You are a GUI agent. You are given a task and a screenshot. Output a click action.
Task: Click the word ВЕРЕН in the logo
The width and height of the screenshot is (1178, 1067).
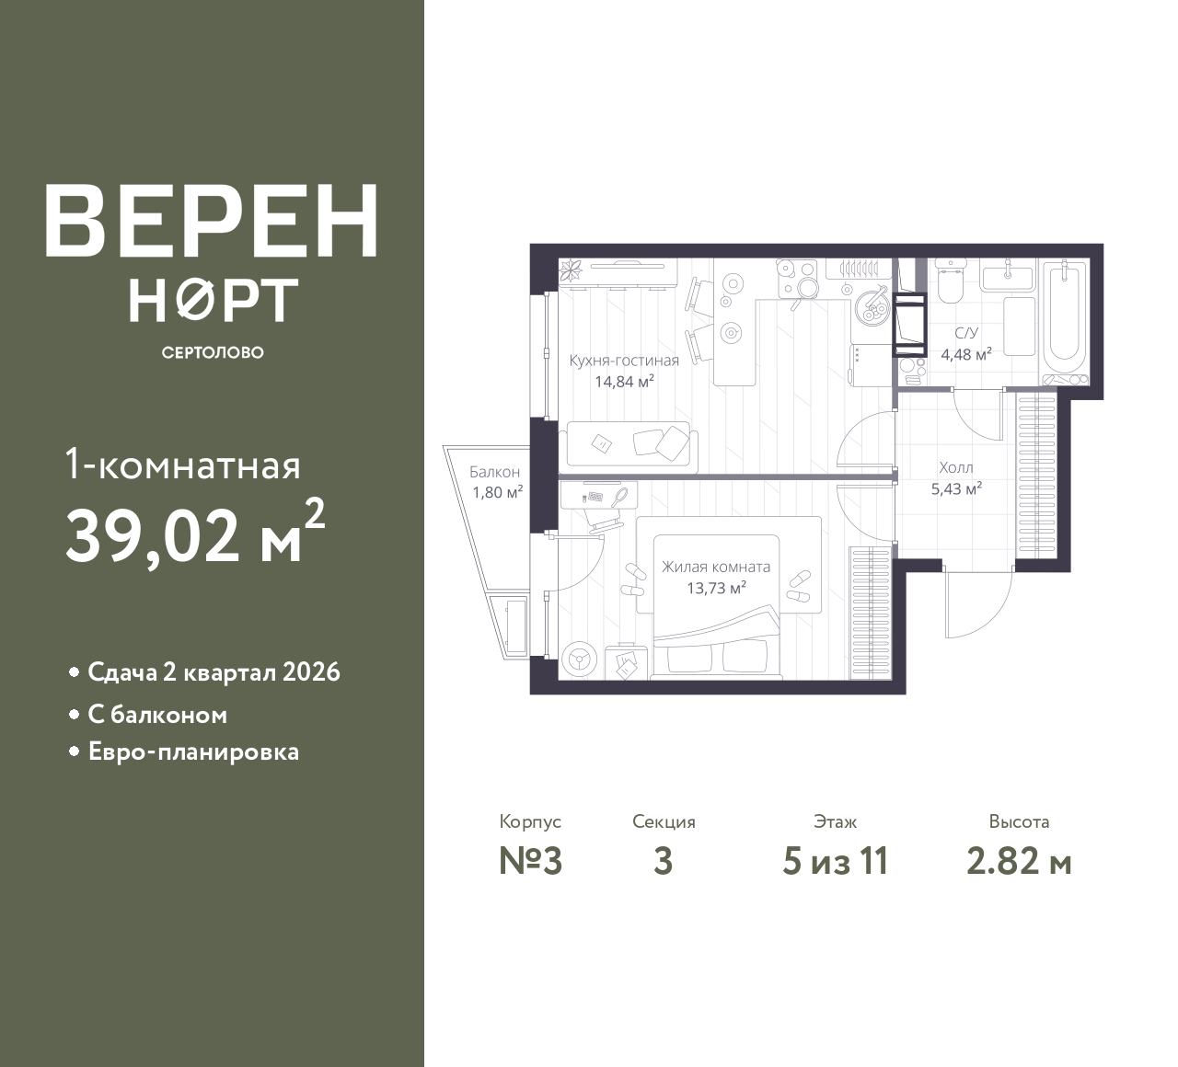(x=212, y=222)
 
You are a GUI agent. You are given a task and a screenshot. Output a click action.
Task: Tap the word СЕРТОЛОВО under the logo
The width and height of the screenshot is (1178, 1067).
(x=213, y=352)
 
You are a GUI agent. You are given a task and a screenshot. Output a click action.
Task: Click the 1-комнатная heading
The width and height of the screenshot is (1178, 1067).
(x=182, y=465)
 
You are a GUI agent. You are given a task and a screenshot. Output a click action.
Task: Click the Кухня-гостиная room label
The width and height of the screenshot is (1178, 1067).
(x=624, y=361)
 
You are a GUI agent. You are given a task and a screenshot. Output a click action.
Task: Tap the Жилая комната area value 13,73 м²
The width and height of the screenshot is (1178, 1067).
(x=716, y=588)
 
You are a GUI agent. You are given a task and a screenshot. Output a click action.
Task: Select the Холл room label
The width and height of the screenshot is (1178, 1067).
(x=956, y=468)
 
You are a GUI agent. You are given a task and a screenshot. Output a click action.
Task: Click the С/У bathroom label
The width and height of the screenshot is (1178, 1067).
(x=966, y=333)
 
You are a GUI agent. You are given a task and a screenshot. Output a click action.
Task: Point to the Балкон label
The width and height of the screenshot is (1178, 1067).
(x=494, y=472)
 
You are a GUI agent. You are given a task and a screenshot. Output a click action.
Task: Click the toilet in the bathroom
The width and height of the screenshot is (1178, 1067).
(x=950, y=283)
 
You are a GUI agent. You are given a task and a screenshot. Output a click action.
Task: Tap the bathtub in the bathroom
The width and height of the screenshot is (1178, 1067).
(x=1065, y=320)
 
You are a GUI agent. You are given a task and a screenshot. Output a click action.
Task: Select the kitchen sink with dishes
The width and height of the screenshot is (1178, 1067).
(x=872, y=305)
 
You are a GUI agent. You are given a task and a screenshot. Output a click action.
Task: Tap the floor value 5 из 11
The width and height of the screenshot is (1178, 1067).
(x=835, y=862)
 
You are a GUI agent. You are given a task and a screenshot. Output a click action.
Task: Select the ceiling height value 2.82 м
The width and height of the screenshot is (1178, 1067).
(x=1019, y=862)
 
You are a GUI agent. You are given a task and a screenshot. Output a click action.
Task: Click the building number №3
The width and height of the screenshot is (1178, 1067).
(x=531, y=862)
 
